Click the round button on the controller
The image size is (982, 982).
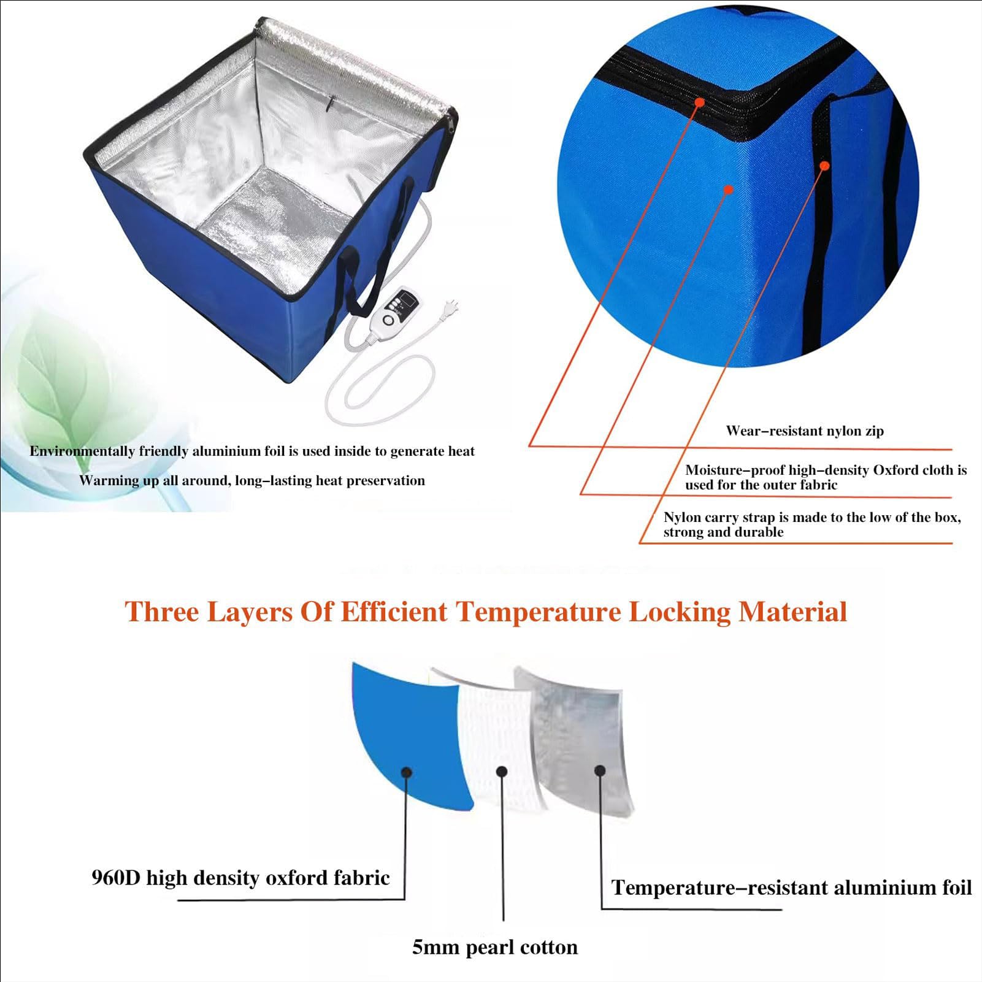tap(388, 320)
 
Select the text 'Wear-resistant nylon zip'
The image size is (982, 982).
tap(805, 431)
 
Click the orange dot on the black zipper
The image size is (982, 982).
tap(699, 102)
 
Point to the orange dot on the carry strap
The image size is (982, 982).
tap(825, 166)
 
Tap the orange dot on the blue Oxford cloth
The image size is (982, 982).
tap(728, 190)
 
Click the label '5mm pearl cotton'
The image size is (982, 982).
tap(494, 948)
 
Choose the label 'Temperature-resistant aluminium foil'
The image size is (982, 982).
tap(791, 888)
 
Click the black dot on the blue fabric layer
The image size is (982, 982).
tap(406, 772)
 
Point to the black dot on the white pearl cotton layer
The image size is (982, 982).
tap(502, 772)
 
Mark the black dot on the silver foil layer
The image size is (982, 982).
tap(600, 770)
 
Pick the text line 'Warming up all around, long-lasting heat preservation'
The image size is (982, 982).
tap(252, 481)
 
